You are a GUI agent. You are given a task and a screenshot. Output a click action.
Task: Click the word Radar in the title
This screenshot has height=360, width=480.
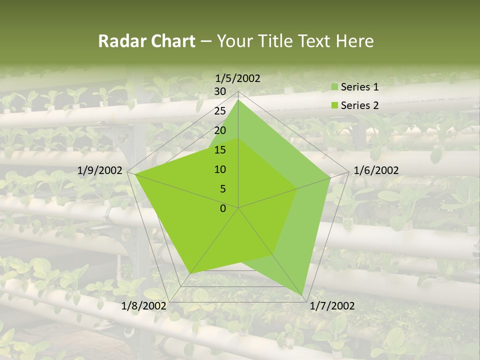[118, 41]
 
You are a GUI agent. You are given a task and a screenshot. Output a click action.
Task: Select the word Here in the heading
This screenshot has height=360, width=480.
[354, 41]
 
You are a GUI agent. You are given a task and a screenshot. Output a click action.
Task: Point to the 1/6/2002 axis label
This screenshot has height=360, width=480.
[376, 170]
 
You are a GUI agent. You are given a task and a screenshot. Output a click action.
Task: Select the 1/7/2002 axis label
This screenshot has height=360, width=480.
[332, 306]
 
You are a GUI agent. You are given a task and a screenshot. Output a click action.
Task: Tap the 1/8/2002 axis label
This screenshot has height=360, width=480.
[144, 306]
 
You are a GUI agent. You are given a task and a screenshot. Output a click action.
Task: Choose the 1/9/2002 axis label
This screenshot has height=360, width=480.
[100, 170]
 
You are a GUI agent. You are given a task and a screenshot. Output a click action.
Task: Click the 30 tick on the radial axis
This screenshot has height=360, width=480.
[220, 91]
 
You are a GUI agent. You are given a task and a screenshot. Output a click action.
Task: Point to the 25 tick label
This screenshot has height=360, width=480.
[220, 111]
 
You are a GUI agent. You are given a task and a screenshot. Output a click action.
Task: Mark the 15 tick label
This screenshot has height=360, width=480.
[220, 150]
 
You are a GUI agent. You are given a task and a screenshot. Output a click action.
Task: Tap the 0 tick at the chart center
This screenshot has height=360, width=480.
[223, 208]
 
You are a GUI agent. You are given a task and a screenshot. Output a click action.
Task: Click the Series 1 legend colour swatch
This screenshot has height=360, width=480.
[334, 87]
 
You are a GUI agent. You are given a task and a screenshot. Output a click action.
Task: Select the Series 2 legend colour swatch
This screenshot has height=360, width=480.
[334, 105]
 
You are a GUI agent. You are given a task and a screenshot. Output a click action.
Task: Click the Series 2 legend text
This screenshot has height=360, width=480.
[359, 105]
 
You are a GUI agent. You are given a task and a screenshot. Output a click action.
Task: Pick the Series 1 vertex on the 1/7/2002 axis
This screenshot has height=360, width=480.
[302, 295]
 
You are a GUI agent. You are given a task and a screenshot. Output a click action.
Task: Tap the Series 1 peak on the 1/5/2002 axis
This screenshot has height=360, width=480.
[238, 99]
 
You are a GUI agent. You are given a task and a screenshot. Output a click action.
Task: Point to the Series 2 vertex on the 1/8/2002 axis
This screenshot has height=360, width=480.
[190, 273]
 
